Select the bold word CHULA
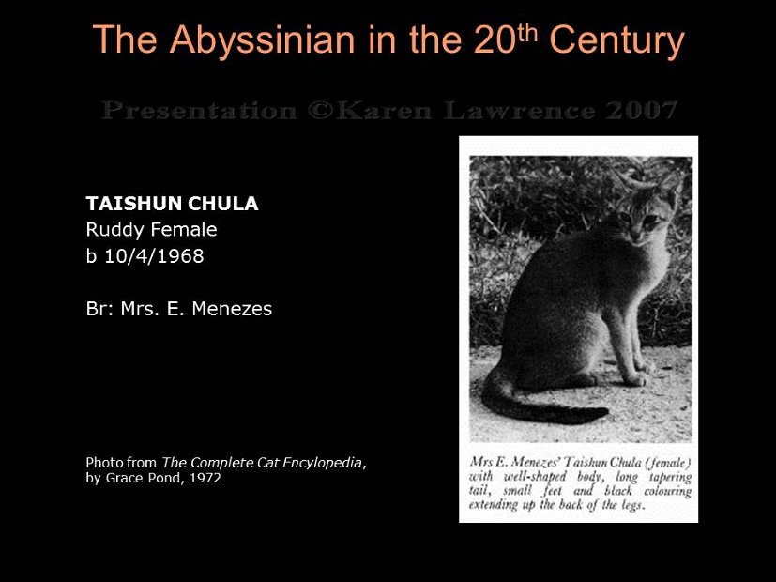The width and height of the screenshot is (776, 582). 228,204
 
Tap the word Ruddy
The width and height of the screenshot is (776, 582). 112,230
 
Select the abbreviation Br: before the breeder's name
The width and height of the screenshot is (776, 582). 99,309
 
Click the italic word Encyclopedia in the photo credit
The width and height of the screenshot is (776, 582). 316,462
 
